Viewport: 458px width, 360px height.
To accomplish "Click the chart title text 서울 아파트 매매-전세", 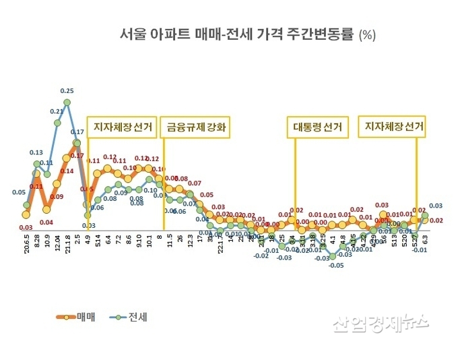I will [x=202, y=35].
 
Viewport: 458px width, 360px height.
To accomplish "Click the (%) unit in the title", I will [x=367, y=36].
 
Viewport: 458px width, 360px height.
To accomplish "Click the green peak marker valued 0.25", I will [x=67, y=103].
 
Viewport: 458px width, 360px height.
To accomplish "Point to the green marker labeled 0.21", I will [x=57, y=123].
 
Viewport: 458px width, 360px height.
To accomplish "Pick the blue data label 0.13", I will [x=36, y=152].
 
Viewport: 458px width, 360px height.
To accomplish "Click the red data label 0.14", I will [x=67, y=171].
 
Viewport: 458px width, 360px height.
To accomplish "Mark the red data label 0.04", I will [x=46, y=222].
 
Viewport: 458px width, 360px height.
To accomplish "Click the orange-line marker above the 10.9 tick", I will [x=46, y=210].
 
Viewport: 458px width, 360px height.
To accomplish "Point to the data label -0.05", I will [x=336, y=266].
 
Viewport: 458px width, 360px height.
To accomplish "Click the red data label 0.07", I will [x=194, y=183].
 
